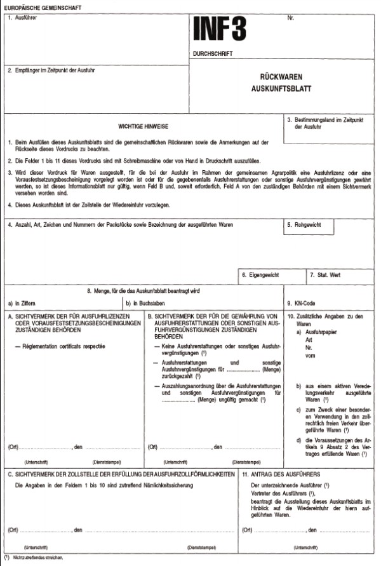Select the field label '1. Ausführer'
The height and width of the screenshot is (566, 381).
point(23,17)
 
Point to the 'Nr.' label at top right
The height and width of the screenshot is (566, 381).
point(291,17)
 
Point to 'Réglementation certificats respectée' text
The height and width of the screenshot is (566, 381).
point(60,346)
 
